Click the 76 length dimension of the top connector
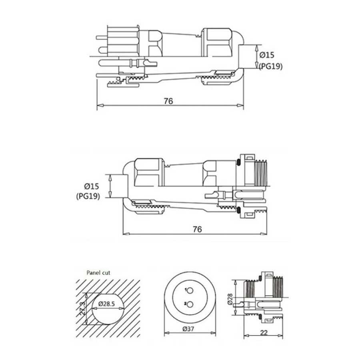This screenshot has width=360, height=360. (x=168, y=101)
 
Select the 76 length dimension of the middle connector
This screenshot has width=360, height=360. (x=197, y=229)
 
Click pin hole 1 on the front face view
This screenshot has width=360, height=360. (x=191, y=290)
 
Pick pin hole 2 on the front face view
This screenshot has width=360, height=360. (x=191, y=305)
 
